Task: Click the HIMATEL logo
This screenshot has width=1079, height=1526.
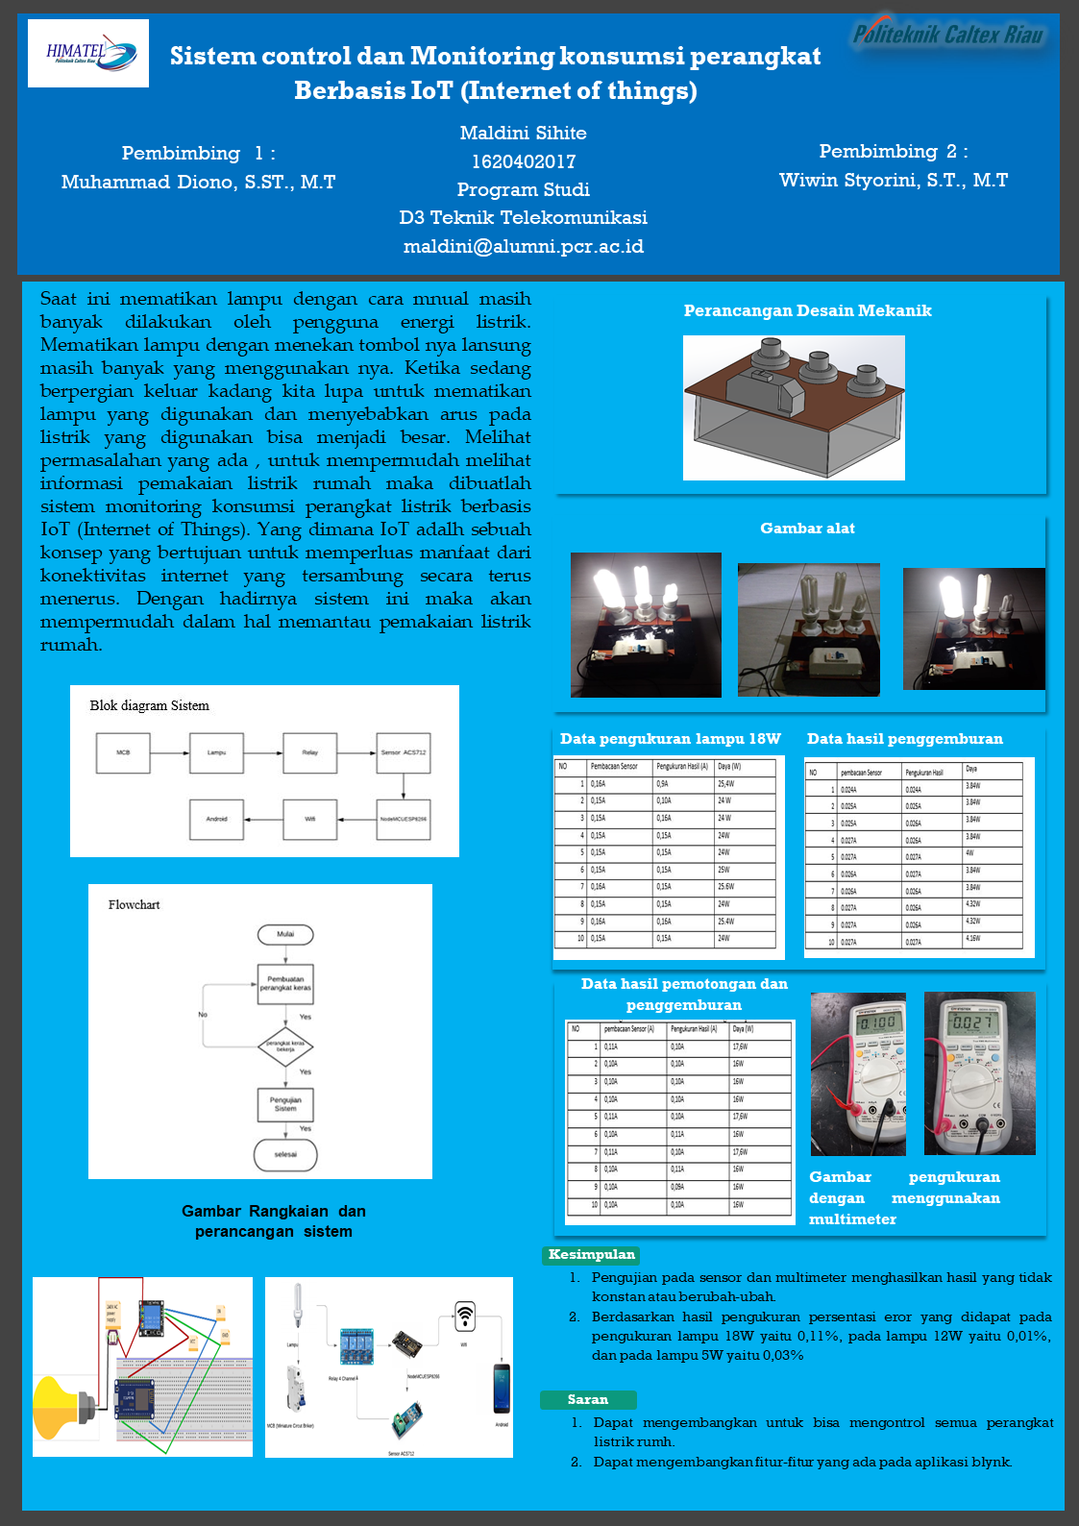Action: (x=88, y=54)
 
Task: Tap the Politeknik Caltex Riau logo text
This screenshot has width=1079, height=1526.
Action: (x=948, y=36)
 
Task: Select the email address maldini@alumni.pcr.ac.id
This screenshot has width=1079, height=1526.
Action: (x=524, y=247)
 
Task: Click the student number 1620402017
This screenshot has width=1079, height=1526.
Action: (x=524, y=161)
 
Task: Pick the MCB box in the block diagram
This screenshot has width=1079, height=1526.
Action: (x=123, y=752)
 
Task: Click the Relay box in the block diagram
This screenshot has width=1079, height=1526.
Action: (x=309, y=752)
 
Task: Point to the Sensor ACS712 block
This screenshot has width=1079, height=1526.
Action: (x=404, y=752)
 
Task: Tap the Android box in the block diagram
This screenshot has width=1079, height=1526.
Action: (x=216, y=820)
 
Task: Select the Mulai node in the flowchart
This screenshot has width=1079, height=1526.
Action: (x=285, y=934)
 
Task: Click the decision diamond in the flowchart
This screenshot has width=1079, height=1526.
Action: (x=285, y=1046)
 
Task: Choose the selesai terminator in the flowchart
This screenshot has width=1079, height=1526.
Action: (x=285, y=1154)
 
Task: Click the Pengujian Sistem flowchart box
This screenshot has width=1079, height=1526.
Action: (x=285, y=1104)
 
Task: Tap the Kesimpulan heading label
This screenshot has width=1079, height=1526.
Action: (x=592, y=1254)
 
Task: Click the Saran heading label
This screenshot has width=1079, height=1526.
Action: (x=588, y=1400)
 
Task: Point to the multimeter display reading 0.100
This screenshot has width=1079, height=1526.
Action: (x=877, y=1022)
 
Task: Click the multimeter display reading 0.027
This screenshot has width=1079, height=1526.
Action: (x=972, y=1022)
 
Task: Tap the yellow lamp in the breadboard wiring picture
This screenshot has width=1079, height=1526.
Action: (x=60, y=1407)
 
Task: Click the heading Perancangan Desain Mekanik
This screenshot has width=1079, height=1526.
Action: (x=807, y=310)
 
